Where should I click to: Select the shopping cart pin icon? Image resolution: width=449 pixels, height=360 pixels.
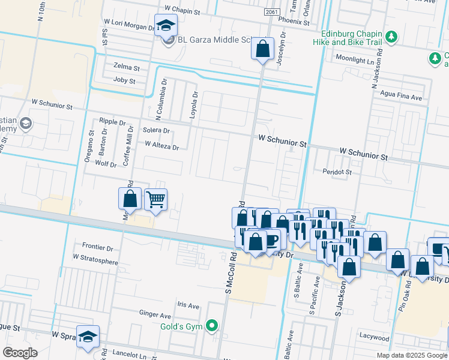[155, 199]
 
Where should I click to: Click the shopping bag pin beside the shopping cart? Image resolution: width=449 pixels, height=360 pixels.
[130, 199]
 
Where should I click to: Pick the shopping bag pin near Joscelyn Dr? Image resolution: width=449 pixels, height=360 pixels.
[262, 49]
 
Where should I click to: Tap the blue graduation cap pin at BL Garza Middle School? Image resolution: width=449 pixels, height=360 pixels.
[166, 25]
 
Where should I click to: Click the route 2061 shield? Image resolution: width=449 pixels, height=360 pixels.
[271, 11]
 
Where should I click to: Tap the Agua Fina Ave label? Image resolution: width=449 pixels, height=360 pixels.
[397, 97]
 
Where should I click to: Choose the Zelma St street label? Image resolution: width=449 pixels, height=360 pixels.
[126, 66]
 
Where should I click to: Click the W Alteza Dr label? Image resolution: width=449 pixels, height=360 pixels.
[161, 145]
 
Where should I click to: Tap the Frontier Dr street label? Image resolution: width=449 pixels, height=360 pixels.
[97, 247]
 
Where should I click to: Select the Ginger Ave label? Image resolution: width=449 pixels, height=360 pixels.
[155, 314]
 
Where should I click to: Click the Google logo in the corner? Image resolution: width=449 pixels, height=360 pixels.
[20, 353]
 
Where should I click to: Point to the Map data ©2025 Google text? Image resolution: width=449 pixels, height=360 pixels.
[411, 355]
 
